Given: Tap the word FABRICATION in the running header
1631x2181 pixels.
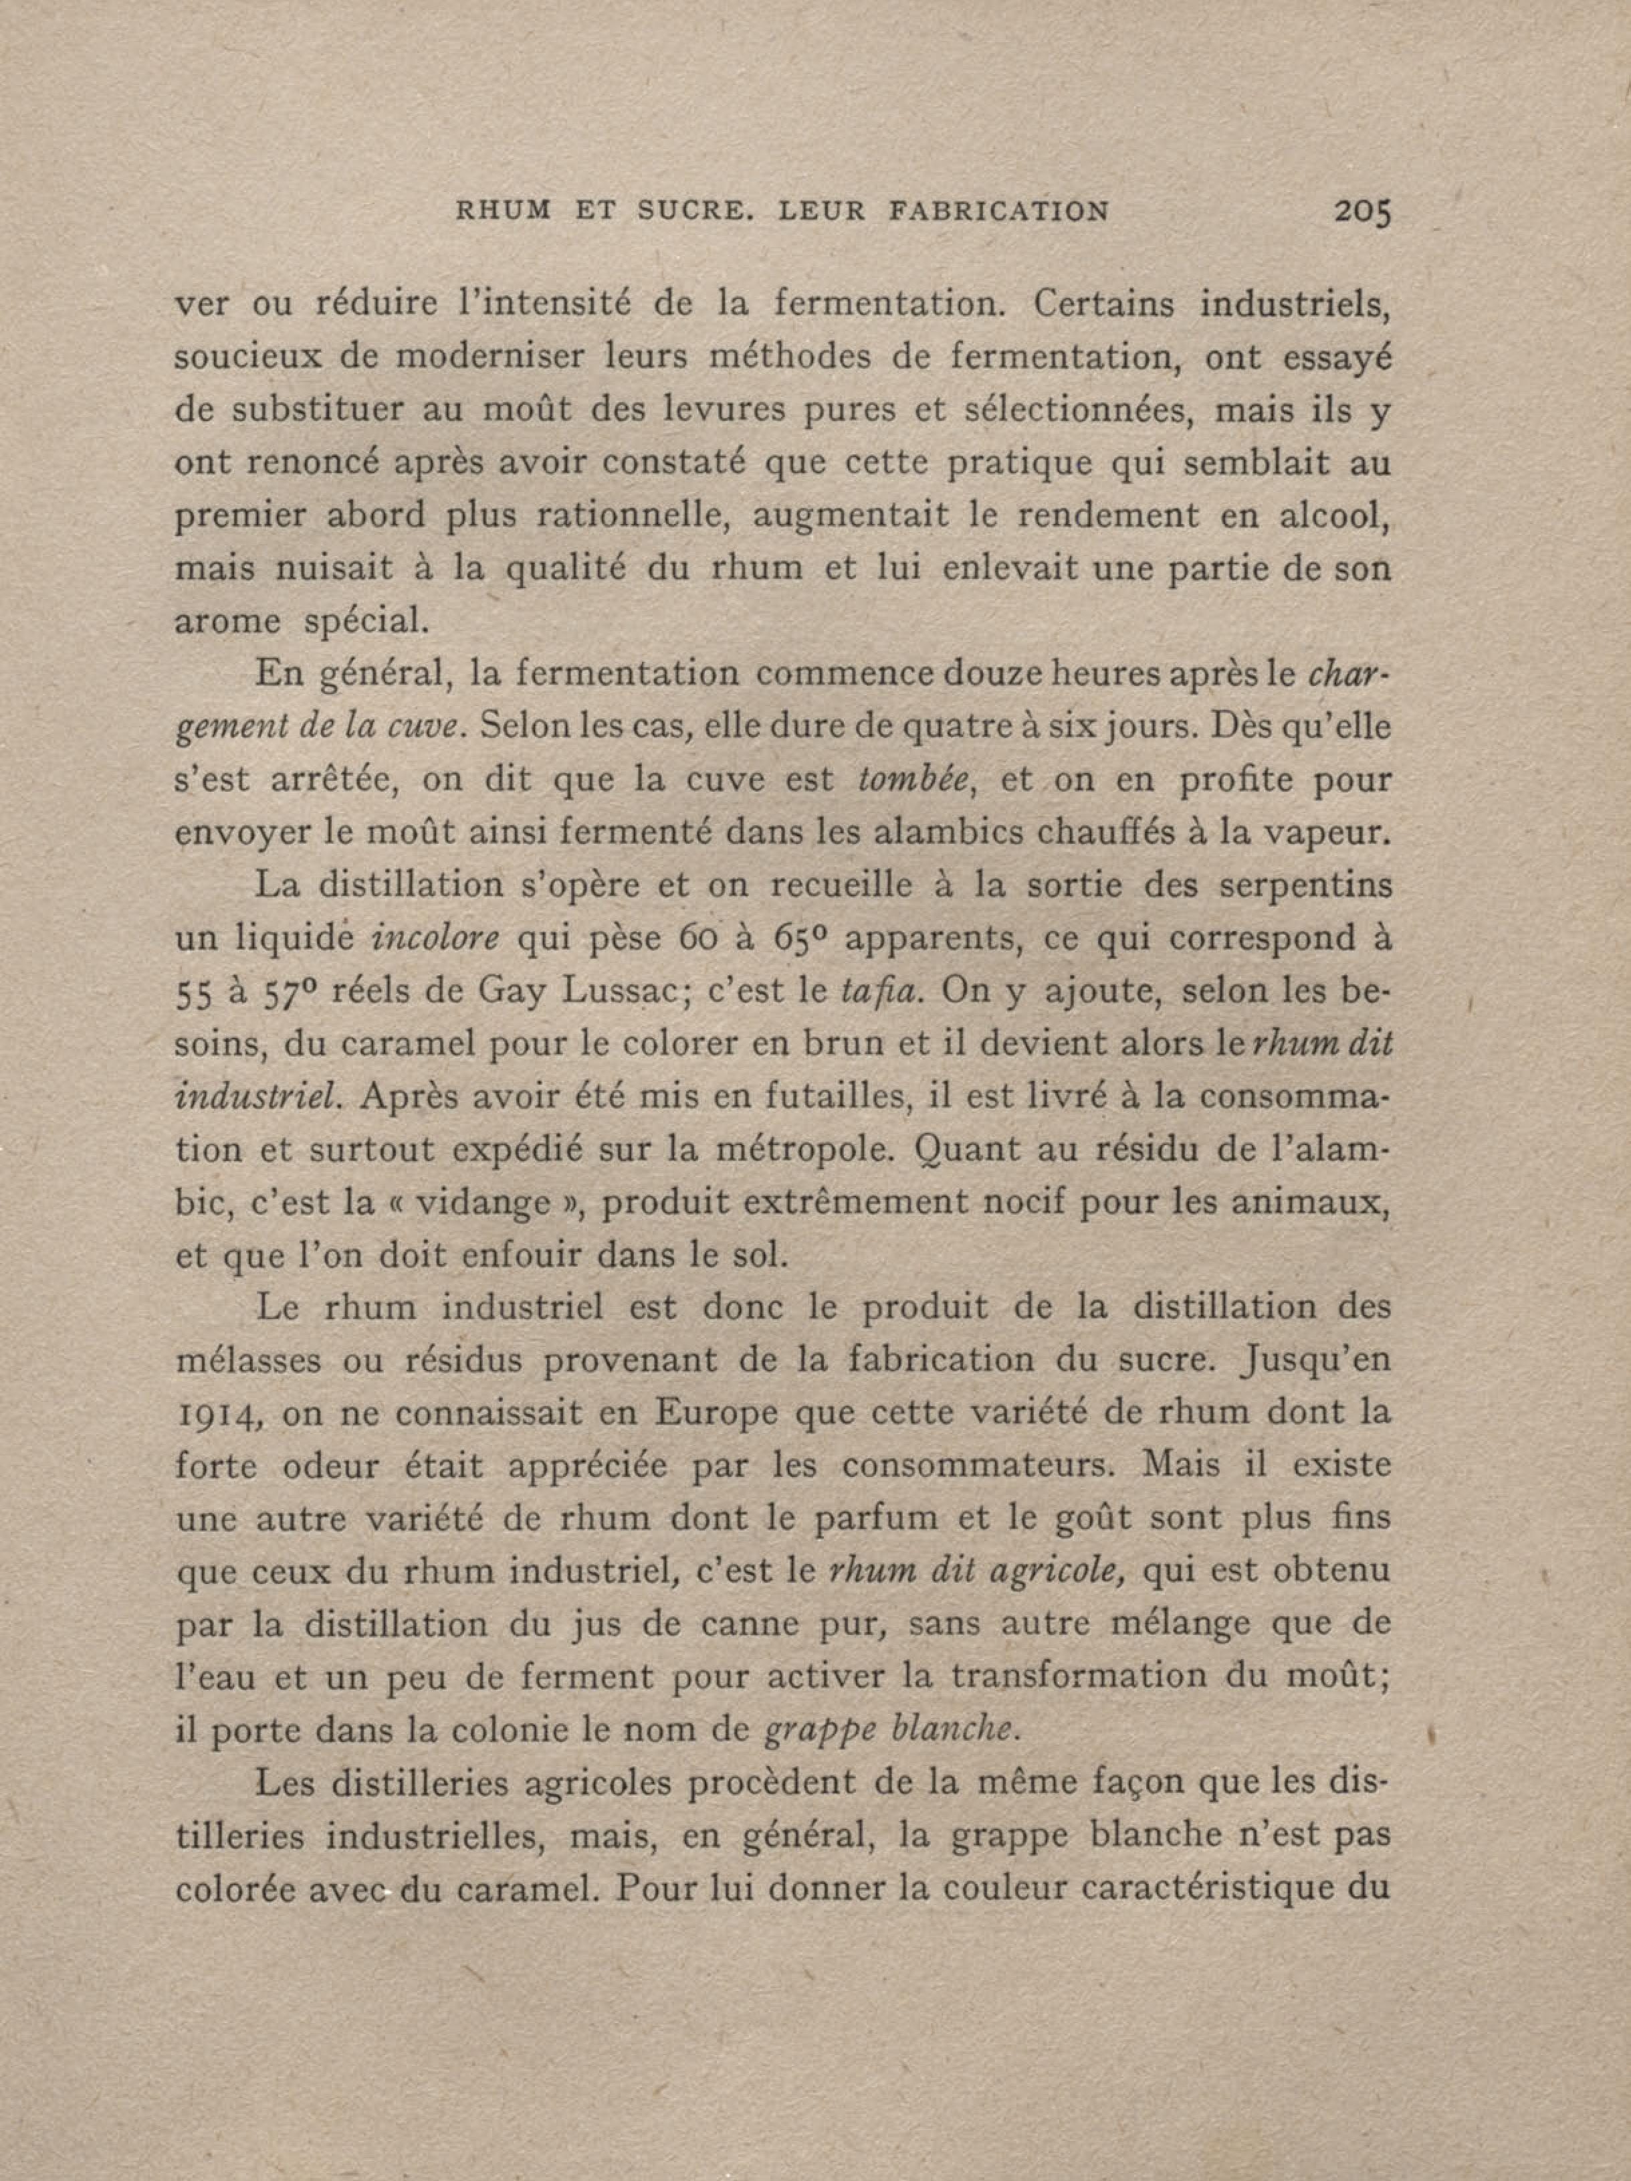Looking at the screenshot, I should [998, 211].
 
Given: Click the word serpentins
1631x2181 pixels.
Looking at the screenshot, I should [1306, 885].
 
